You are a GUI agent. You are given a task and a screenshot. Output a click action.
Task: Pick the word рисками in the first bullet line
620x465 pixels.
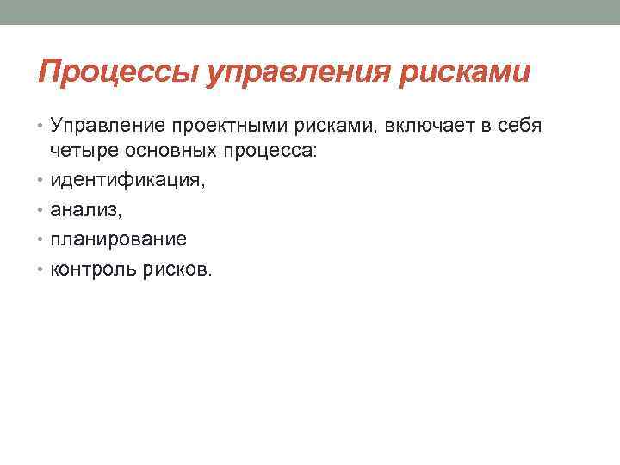(x=325, y=127)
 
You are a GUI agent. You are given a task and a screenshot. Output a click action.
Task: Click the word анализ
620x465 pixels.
(x=84, y=209)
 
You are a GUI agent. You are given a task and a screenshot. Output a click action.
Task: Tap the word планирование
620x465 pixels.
(x=118, y=239)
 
